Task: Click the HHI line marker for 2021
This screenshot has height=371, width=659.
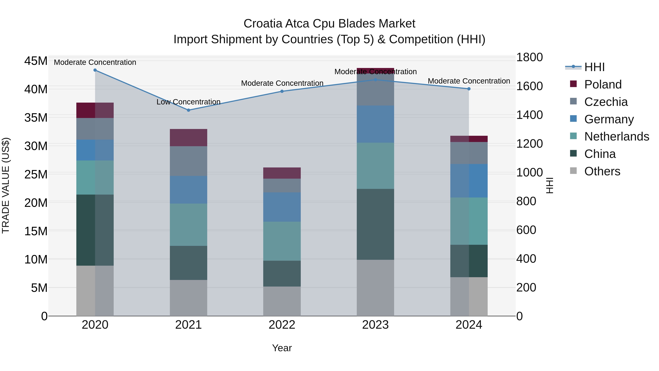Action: pyautogui.click(x=189, y=110)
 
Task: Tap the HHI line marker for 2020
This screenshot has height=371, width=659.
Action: pyautogui.click(x=95, y=70)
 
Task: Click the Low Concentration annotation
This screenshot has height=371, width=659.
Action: pyautogui.click(x=188, y=102)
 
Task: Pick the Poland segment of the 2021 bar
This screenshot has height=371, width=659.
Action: pyautogui.click(x=189, y=137)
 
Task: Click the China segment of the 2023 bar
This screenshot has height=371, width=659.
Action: pyautogui.click(x=375, y=224)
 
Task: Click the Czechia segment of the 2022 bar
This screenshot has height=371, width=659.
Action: pyautogui.click(x=282, y=185)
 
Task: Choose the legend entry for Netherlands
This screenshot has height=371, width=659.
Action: pyautogui.click(x=617, y=136)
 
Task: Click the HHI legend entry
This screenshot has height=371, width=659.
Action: pyautogui.click(x=594, y=67)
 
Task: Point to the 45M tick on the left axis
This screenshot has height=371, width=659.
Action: pyautogui.click(x=36, y=61)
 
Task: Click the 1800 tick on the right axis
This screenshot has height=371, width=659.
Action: pyautogui.click(x=529, y=57)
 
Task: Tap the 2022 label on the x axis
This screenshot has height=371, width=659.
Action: pyautogui.click(x=282, y=325)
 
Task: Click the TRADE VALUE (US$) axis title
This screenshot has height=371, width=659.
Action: pyautogui.click(x=6, y=185)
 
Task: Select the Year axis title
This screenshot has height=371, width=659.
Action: pyautogui.click(x=282, y=348)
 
